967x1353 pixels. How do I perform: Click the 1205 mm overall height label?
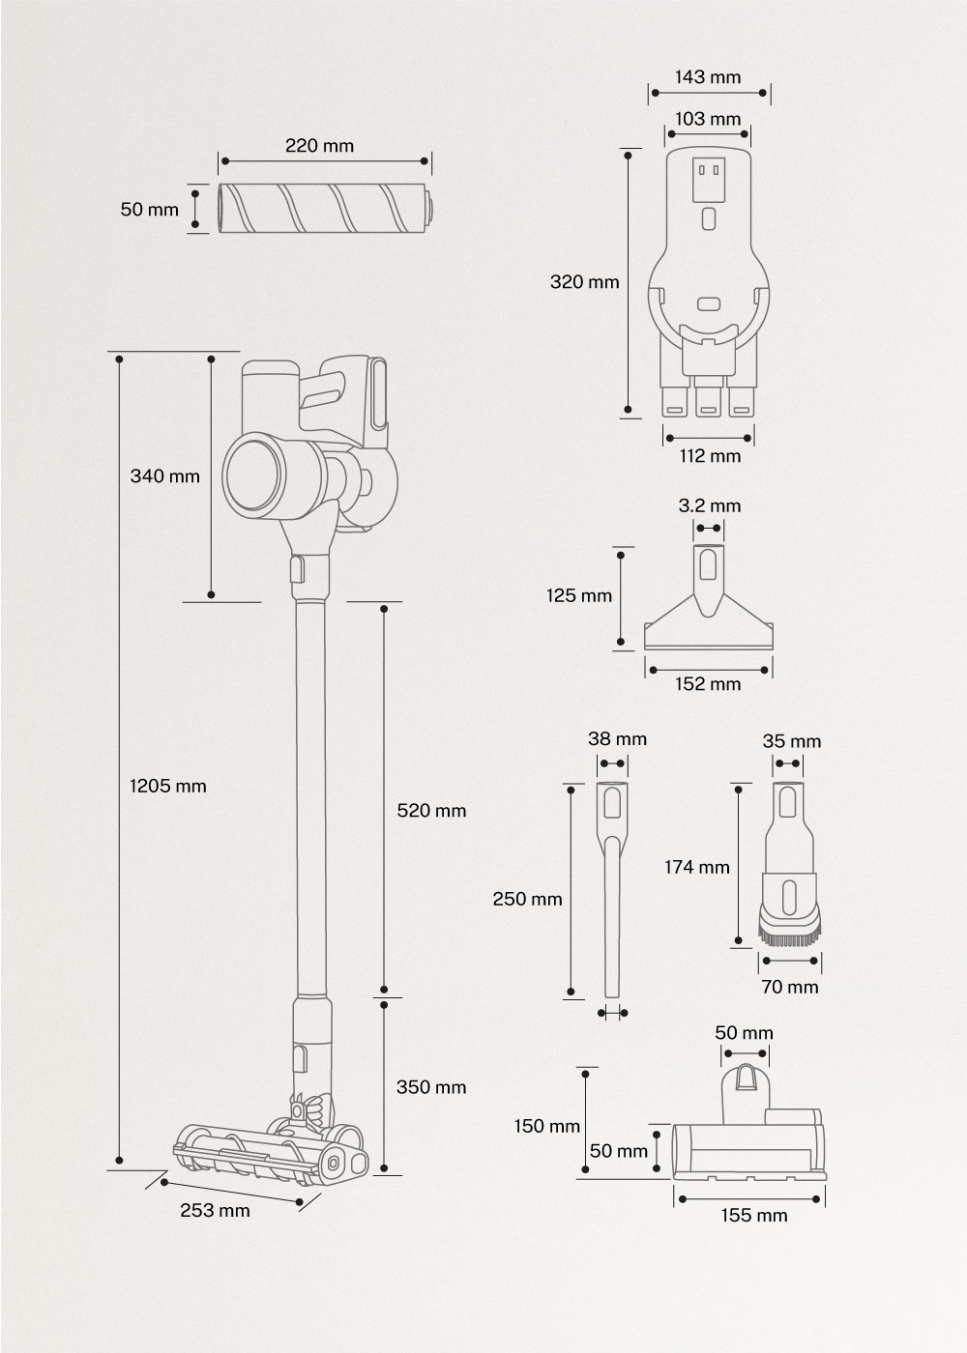coord(167,786)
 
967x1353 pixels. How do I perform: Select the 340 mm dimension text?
coord(164,475)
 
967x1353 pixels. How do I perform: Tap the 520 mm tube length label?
coord(431,811)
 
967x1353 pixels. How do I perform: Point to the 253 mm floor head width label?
coord(215,1211)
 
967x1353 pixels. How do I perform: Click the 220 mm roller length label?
coord(319,146)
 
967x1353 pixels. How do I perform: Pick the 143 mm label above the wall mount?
coord(710,76)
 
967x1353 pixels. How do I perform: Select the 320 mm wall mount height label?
coord(584,282)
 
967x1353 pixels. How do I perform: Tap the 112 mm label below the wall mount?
coord(710,455)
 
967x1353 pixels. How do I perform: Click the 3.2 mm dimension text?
coord(710,505)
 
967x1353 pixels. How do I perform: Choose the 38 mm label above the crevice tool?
coord(617,739)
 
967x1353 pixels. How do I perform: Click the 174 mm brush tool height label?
coord(696,867)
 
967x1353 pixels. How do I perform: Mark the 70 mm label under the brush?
coord(791,987)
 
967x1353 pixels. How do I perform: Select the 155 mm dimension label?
coord(753,1215)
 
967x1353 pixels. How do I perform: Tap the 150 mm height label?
coord(547,1126)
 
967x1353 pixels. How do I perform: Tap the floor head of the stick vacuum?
coord(271,1152)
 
